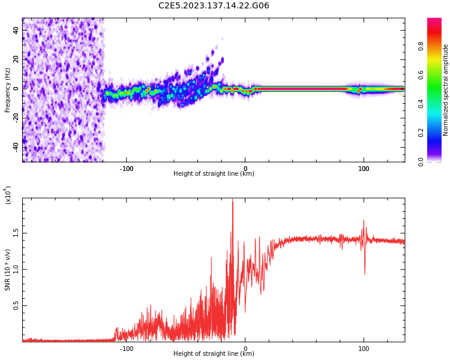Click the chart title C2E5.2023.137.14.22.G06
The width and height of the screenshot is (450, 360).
[214, 6]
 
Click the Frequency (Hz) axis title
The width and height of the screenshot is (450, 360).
[8, 89]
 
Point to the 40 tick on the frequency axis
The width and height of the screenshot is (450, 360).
[16, 29]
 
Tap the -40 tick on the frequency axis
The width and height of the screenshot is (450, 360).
[14, 146]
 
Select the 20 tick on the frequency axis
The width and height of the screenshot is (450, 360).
[16, 59]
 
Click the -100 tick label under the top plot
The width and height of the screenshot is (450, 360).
[126, 169]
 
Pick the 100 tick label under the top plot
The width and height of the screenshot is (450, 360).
[364, 169]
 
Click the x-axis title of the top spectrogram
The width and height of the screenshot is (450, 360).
[214, 174]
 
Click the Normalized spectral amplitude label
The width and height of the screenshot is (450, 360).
[446, 90]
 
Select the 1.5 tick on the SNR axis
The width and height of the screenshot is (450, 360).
[16, 233]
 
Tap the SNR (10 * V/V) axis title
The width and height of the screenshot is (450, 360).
[8, 270]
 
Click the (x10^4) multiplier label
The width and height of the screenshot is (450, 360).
[8, 195]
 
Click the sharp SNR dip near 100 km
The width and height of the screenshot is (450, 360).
[364, 274]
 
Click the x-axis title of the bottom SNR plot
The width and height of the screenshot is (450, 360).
[214, 354]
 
